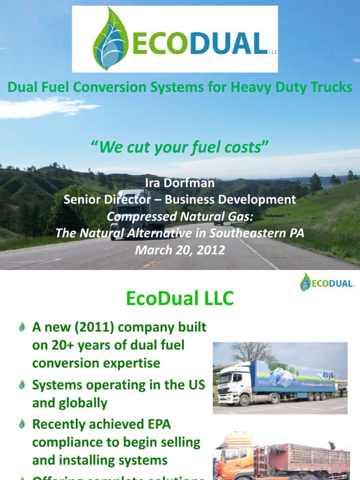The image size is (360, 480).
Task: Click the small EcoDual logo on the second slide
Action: click(328, 282)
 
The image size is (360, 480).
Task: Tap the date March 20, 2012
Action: click(180, 250)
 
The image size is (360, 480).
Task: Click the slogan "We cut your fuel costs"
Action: click(180, 148)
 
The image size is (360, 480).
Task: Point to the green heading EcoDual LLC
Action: click(180, 299)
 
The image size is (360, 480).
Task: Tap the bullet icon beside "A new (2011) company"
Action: click(22, 328)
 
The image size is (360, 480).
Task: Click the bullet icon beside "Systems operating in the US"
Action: click(22, 385)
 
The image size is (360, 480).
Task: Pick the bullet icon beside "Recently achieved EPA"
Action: click(22, 425)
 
